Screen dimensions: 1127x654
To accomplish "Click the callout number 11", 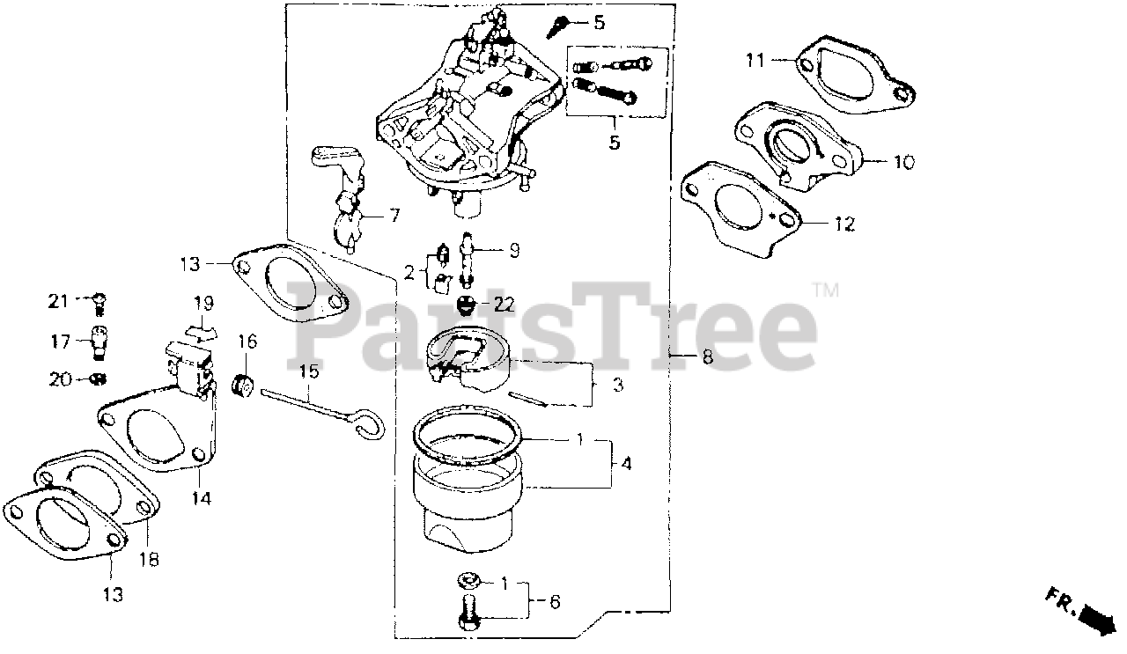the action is pyautogui.click(x=755, y=61).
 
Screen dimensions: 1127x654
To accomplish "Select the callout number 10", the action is pyautogui.click(x=904, y=162).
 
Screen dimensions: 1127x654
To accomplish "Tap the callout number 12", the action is pyautogui.click(x=844, y=224).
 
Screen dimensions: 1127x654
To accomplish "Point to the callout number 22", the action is pyautogui.click(x=504, y=304).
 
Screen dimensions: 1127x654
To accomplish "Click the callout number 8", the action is pyautogui.click(x=707, y=356).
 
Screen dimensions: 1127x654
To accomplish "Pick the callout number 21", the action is pyautogui.click(x=58, y=301).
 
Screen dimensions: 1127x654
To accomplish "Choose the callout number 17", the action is pyautogui.click(x=61, y=342).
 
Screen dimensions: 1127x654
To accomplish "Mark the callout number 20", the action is pyautogui.click(x=61, y=378).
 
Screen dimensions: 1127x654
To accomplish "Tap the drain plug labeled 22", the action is pyautogui.click(x=467, y=305).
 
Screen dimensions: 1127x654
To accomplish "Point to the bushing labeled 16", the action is pyautogui.click(x=243, y=386).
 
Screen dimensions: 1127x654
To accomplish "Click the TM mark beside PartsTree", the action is pyautogui.click(x=825, y=290).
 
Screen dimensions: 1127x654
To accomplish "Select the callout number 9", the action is pyautogui.click(x=513, y=251).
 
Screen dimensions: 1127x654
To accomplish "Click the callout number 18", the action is pyautogui.click(x=150, y=559).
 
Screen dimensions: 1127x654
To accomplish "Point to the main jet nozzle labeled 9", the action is pyautogui.click(x=468, y=259).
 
